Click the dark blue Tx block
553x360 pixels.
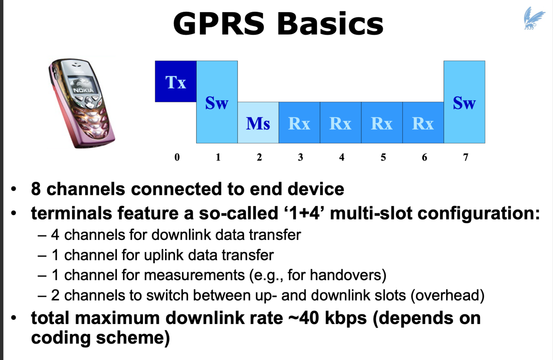[x=175, y=82]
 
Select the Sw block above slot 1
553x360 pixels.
[x=217, y=102]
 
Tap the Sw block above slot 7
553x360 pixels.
[x=464, y=102]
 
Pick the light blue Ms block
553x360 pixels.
[x=258, y=123]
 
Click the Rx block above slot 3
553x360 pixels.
[x=299, y=123]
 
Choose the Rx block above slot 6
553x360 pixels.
[x=423, y=123]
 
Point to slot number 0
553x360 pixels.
[x=177, y=157]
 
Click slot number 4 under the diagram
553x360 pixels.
[x=342, y=157]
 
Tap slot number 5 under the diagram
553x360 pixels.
[x=383, y=157]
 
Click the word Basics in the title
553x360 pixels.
[x=330, y=24]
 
